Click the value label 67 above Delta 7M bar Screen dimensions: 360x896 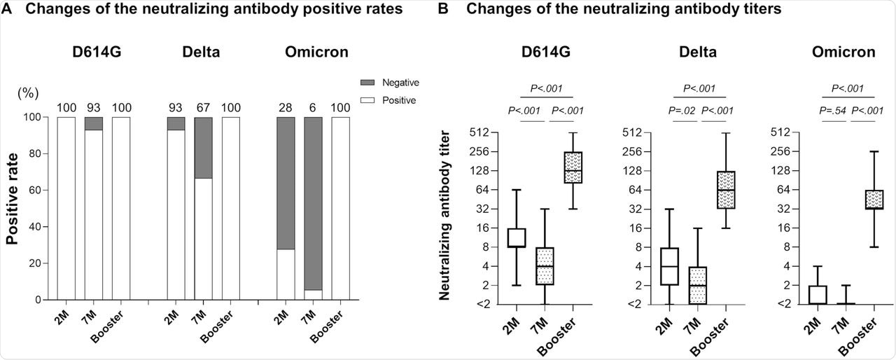[203, 107]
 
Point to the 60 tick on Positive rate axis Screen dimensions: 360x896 [38, 190]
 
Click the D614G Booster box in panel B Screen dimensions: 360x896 [574, 167]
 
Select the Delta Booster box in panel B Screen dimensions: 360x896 [726, 189]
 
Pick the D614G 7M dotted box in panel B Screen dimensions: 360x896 [545, 265]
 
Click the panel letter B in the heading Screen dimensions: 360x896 [442, 9]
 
